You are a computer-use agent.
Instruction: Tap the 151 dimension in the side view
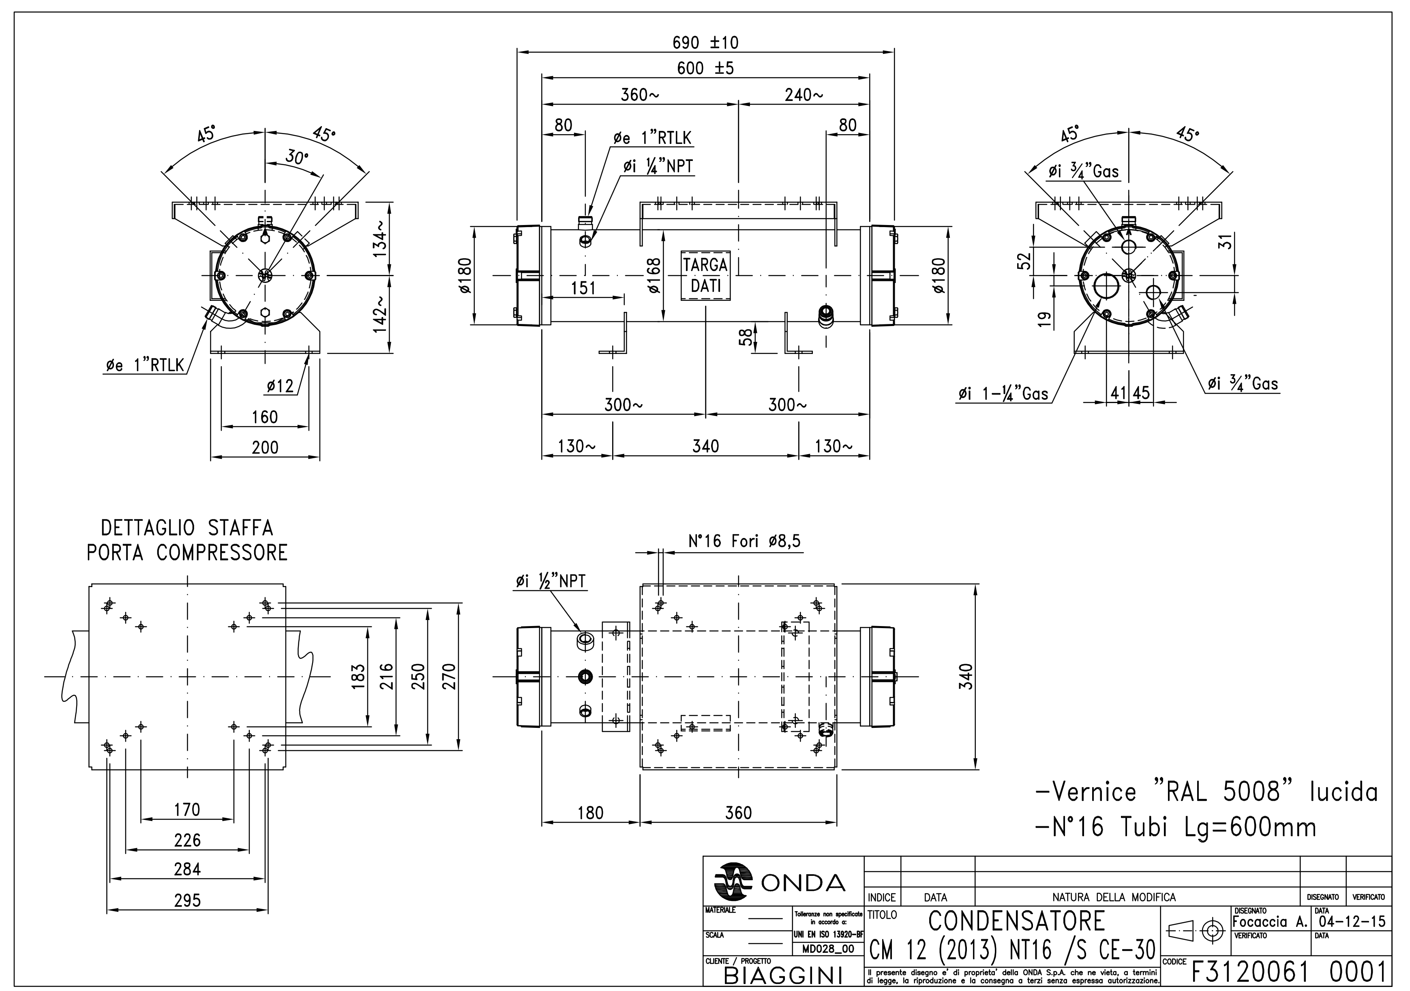pyautogui.click(x=583, y=288)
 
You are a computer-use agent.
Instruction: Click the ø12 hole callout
pyautogui.click(x=280, y=386)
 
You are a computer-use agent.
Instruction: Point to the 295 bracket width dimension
pyautogui.click(x=187, y=901)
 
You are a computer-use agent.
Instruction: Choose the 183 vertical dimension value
pyautogui.click(x=359, y=676)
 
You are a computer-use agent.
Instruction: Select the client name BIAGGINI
pyautogui.click(x=782, y=975)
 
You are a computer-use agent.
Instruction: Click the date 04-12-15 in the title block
pyautogui.click(x=1351, y=922)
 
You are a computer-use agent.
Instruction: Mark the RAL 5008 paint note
pyautogui.click(x=1206, y=792)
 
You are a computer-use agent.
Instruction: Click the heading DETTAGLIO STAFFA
pyautogui.click(x=187, y=528)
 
